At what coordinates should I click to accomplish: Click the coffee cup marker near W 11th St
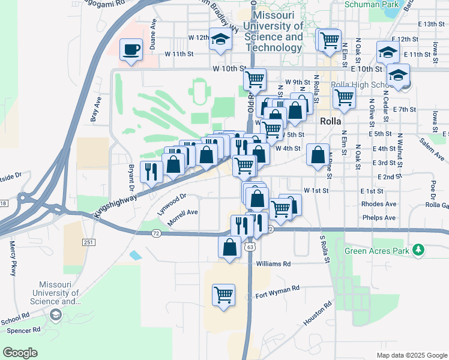coord(131,50)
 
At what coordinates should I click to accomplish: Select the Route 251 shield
coord(88,241)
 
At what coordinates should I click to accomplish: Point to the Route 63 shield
coord(250,246)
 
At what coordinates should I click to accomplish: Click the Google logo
coord(20,353)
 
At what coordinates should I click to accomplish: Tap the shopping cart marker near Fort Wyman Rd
coord(223,295)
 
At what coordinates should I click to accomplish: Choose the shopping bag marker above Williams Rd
coord(230,246)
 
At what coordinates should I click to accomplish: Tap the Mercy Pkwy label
coord(13,259)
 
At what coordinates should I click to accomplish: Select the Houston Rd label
coord(318,314)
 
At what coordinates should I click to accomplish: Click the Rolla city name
coord(331,121)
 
